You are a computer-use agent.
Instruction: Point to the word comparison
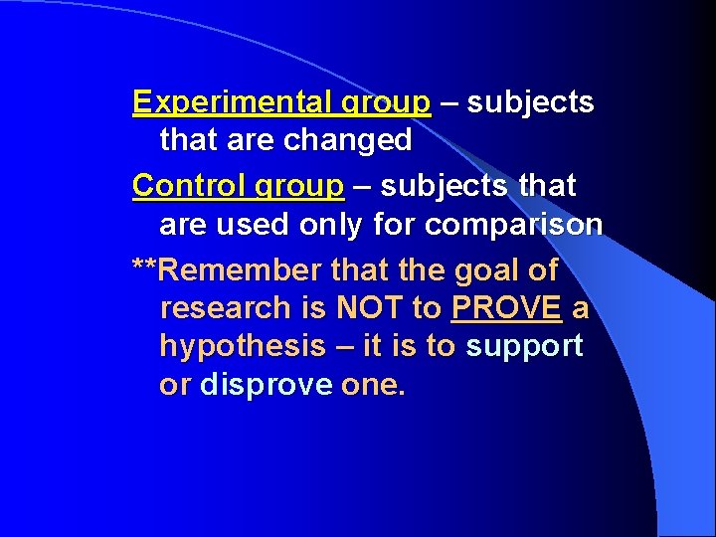click(513, 225)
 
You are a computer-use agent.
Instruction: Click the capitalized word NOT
click(371, 308)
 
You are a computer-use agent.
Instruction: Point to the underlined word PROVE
click(506, 308)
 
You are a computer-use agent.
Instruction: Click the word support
click(524, 347)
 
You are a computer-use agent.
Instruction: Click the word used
click(258, 225)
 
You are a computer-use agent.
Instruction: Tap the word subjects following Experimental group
click(530, 102)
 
